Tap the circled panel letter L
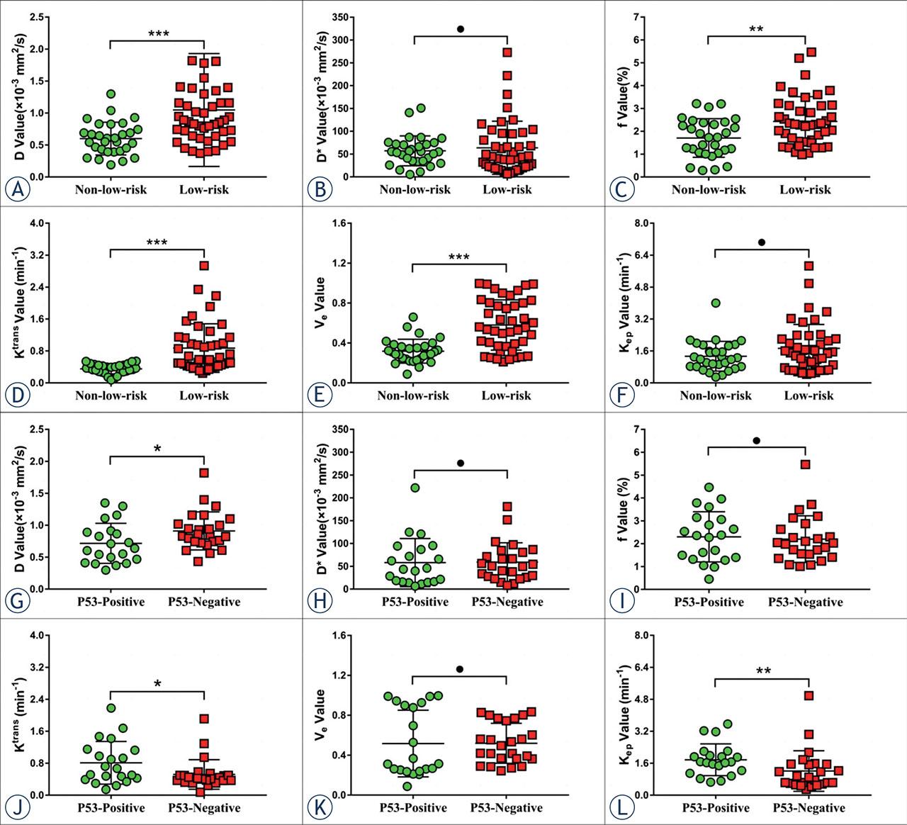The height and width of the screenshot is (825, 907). (x=621, y=807)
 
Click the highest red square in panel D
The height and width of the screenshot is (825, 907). (x=204, y=266)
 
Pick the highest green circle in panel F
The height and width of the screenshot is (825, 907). (x=716, y=303)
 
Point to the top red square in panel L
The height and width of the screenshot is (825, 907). (x=809, y=695)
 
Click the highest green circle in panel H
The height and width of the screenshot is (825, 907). (x=415, y=488)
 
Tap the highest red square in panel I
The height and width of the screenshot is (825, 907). (x=805, y=464)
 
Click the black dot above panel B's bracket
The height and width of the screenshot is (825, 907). (x=460, y=29)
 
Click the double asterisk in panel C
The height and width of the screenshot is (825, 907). (x=756, y=29)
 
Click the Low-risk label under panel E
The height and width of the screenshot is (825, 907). (x=506, y=395)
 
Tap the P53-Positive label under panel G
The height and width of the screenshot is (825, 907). (x=111, y=602)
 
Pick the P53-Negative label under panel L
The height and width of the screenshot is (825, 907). (x=809, y=807)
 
